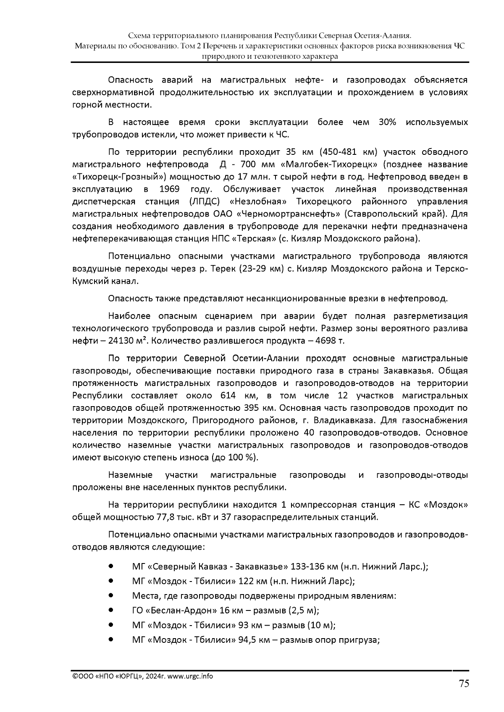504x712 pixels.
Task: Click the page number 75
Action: click(463, 684)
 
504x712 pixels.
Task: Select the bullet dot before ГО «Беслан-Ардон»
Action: click(111, 610)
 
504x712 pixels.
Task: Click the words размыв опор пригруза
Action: click(330, 640)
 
